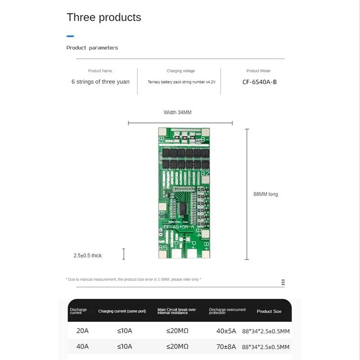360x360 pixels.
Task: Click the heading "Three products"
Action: click(x=104, y=18)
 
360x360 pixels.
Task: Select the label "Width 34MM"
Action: click(x=180, y=112)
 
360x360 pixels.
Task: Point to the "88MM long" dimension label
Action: click(x=265, y=194)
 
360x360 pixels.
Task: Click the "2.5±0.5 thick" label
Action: click(x=88, y=256)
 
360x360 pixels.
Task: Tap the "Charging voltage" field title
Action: click(x=180, y=71)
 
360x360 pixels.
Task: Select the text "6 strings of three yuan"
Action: click(x=100, y=82)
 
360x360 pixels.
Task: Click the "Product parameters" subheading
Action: click(x=92, y=48)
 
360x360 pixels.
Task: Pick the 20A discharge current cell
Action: click(x=82, y=331)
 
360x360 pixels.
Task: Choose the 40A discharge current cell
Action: click(x=82, y=346)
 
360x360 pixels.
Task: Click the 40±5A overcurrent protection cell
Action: click(x=226, y=331)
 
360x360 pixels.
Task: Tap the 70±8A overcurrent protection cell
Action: click(x=226, y=346)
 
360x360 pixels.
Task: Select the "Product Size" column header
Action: click(x=269, y=311)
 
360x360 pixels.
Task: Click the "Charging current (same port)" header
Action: click(x=122, y=311)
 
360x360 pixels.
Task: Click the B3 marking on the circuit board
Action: click(x=162, y=214)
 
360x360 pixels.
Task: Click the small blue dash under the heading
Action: click(x=70, y=36)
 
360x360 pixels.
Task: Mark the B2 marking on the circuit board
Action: click(x=205, y=173)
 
